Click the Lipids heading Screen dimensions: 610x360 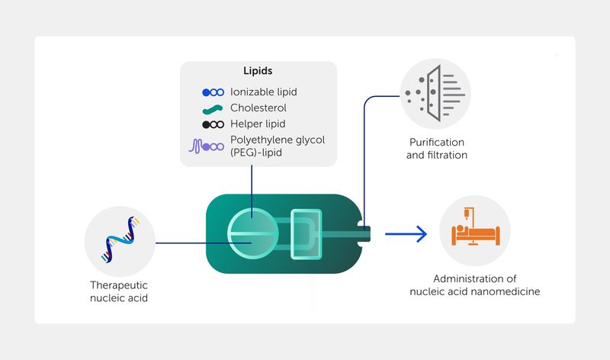(258, 71)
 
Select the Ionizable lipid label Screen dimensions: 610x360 (263, 92)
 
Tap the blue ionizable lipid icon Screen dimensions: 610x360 (213, 92)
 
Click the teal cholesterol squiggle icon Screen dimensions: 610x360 (213, 109)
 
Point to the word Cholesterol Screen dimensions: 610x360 (258, 108)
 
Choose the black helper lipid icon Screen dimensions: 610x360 (213, 124)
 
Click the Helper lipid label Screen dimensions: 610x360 (258, 124)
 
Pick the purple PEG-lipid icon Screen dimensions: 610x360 (207, 146)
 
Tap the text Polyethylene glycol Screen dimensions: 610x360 (278, 140)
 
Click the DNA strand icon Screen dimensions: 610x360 (120, 239)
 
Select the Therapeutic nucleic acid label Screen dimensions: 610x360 (119, 291)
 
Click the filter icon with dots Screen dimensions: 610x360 (435, 93)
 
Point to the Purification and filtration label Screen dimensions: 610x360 (436, 149)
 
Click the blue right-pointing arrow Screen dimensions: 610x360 (406, 234)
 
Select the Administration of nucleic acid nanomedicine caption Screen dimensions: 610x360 (474, 285)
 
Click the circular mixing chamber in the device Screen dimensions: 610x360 (253, 233)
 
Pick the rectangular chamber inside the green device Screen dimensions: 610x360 (307, 234)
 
